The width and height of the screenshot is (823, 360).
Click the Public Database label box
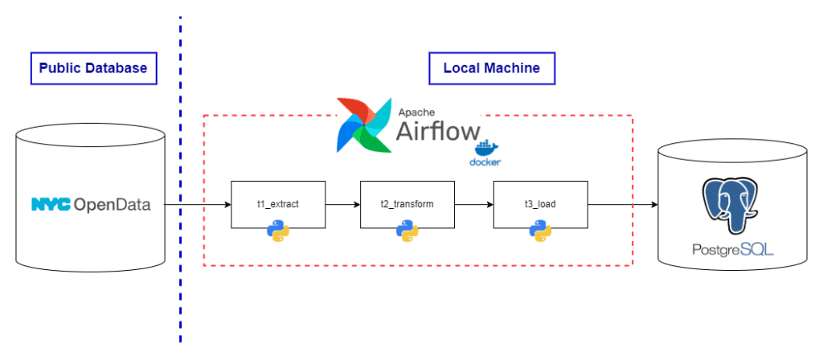point(92,68)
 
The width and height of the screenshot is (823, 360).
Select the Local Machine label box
point(492,68)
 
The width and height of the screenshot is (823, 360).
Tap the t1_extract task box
point(278,204)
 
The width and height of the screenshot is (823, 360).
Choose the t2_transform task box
point(407,204)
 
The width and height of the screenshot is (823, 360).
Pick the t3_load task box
point(540,204)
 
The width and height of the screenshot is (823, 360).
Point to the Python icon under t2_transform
point(407,231)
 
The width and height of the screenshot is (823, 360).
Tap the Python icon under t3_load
point(540,231)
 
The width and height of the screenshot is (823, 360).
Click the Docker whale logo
point(485,153)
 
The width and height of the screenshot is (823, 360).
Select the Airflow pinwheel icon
point(361,125)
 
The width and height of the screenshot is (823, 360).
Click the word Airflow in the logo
point(437,131)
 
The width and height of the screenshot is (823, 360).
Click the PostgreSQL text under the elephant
point(732,250)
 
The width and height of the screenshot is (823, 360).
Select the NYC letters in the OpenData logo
point(51,205)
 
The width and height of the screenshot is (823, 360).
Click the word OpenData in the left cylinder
point(112,205)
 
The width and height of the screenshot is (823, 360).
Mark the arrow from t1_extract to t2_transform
point(342,205)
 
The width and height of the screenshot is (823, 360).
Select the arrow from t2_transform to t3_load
point(474,205)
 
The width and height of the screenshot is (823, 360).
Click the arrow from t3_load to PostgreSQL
point(623,205)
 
